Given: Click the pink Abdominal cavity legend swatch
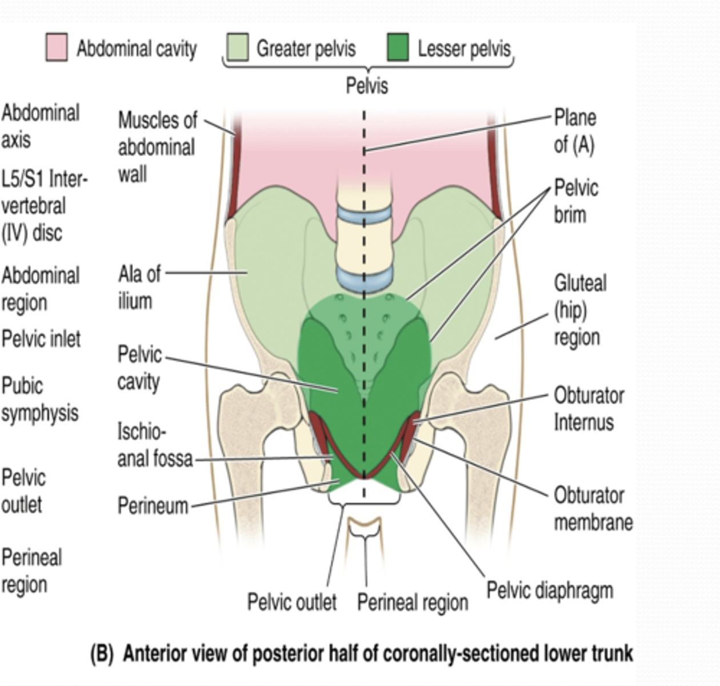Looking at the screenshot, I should click(x=57, y=47).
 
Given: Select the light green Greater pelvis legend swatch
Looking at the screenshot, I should click(x=237, y=47).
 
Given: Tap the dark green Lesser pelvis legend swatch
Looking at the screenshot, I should click(x=397, y=47).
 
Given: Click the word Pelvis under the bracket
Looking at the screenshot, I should click(x=367, y=86).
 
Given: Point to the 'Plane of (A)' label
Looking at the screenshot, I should click(x=575, y=131).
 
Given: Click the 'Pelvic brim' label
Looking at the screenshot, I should click(x=576, y=201).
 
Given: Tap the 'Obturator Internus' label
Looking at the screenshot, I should click(x=589, y=409).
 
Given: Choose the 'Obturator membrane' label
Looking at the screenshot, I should click(x=593, y=508).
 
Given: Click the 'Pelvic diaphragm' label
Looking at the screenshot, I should click(x=550, y=591).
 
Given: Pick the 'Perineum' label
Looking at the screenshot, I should click(x=153, y=506).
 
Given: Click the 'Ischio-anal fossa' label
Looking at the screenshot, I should click(x=154, y=445).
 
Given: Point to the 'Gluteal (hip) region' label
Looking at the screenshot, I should click(x=579, y=310).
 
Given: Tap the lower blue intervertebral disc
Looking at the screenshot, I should click(x=364, y=278).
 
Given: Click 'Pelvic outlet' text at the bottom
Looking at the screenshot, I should click(x=291, y=602).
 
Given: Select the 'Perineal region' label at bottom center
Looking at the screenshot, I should click(x=413, y=602).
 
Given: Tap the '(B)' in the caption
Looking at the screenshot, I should click(x=102, y=653).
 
